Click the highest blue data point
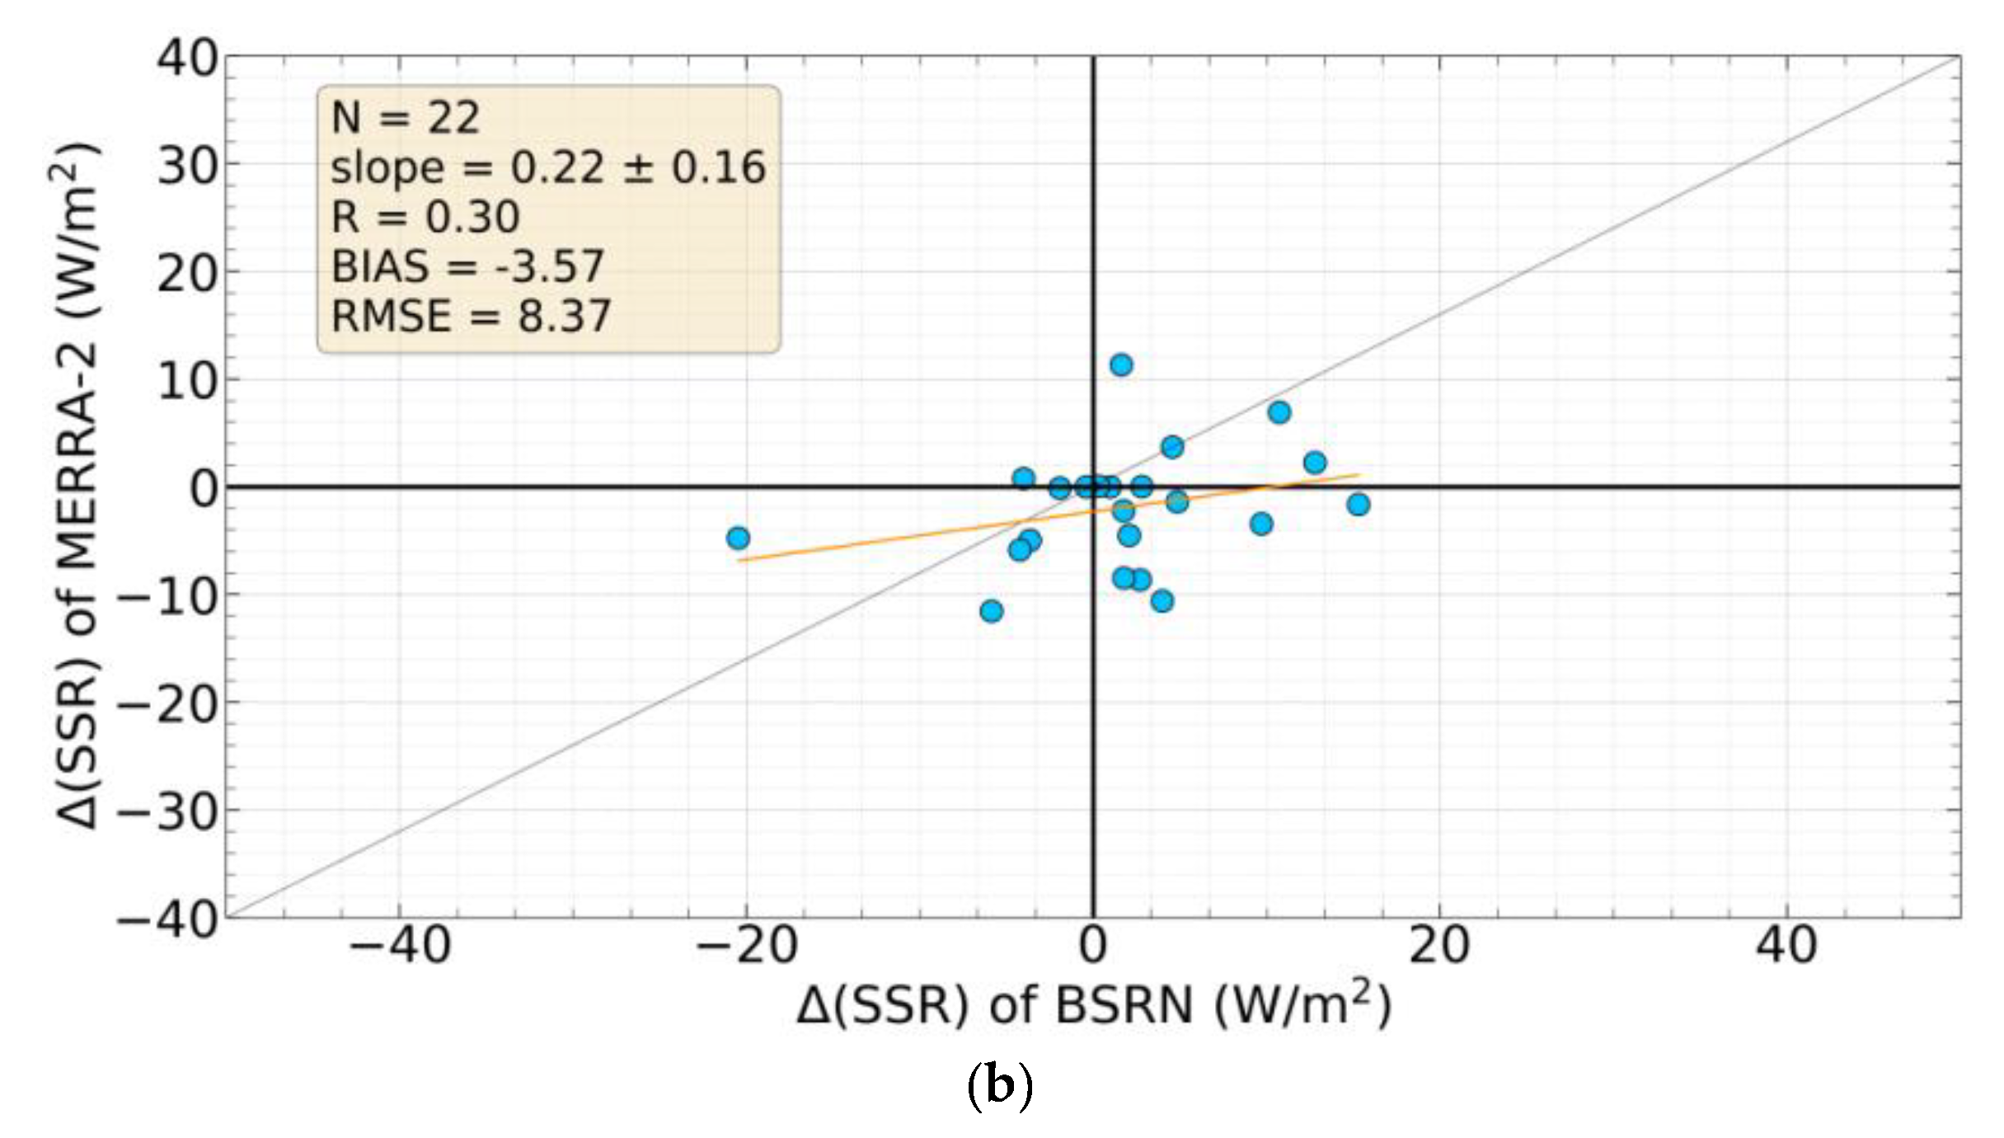[x=1120, y=364]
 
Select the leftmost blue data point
[x=738, y=538]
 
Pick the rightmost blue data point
[x=1358, y=504]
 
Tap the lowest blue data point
[x=991, y=611]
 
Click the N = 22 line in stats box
[x=405, y=118]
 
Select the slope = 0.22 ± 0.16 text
[x=548, y=167]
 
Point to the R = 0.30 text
[x=425, y=217]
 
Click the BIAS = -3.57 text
[x=467, y=266]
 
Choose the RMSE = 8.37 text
[x=471, y=316]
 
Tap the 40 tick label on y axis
[x=188, y=59]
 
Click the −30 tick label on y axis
[x=168, y=811]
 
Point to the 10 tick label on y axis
[x=188, y=381]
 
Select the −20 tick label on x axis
[x=746, y=946]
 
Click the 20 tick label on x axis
[x=1438, y=946]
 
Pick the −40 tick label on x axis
[x=399, y=946]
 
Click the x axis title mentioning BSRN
[x=1093, y=1006]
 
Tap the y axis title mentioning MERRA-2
[x=78, y=487]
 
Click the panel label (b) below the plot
[x=998, y=1086]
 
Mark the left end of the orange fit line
[x=739, y=561]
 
